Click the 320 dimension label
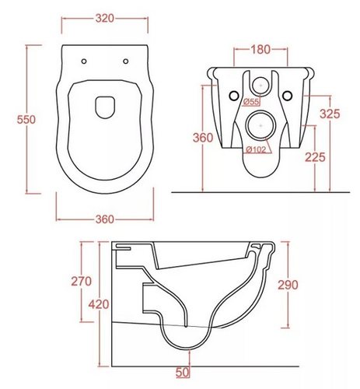[x=105, y=19]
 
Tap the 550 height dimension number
[x=26, y=120]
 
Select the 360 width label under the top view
[x=105, y=219]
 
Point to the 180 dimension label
[x=260, y=50]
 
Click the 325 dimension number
[x=330, y=114]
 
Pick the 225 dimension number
[x=315, y=157]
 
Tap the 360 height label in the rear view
[x=203, y=138]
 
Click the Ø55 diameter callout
[x=251, y=102]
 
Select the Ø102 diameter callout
[x=256, y=149]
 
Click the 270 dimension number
[x=82, y=282]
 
